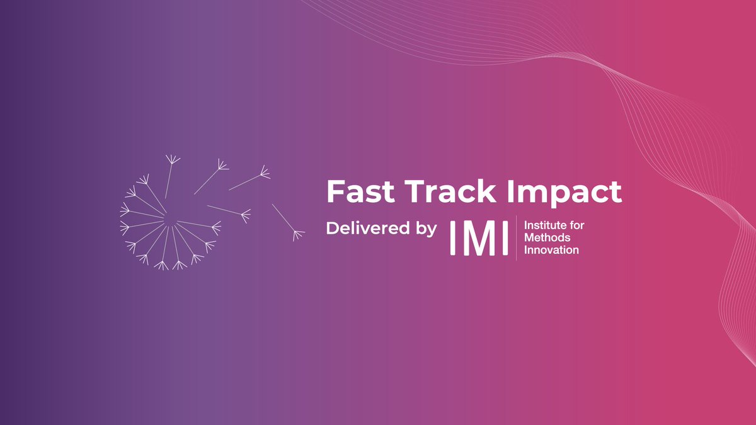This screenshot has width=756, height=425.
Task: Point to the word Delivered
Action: click(x=367, y=228)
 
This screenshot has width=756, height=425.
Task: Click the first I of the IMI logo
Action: click(x=453, y=238)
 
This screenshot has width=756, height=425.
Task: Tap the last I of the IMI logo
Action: click(x=505, y=238)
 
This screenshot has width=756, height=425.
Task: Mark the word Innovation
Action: click(x=551, y=250)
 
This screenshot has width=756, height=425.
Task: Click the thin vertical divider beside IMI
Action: click(x=517, y=237)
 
